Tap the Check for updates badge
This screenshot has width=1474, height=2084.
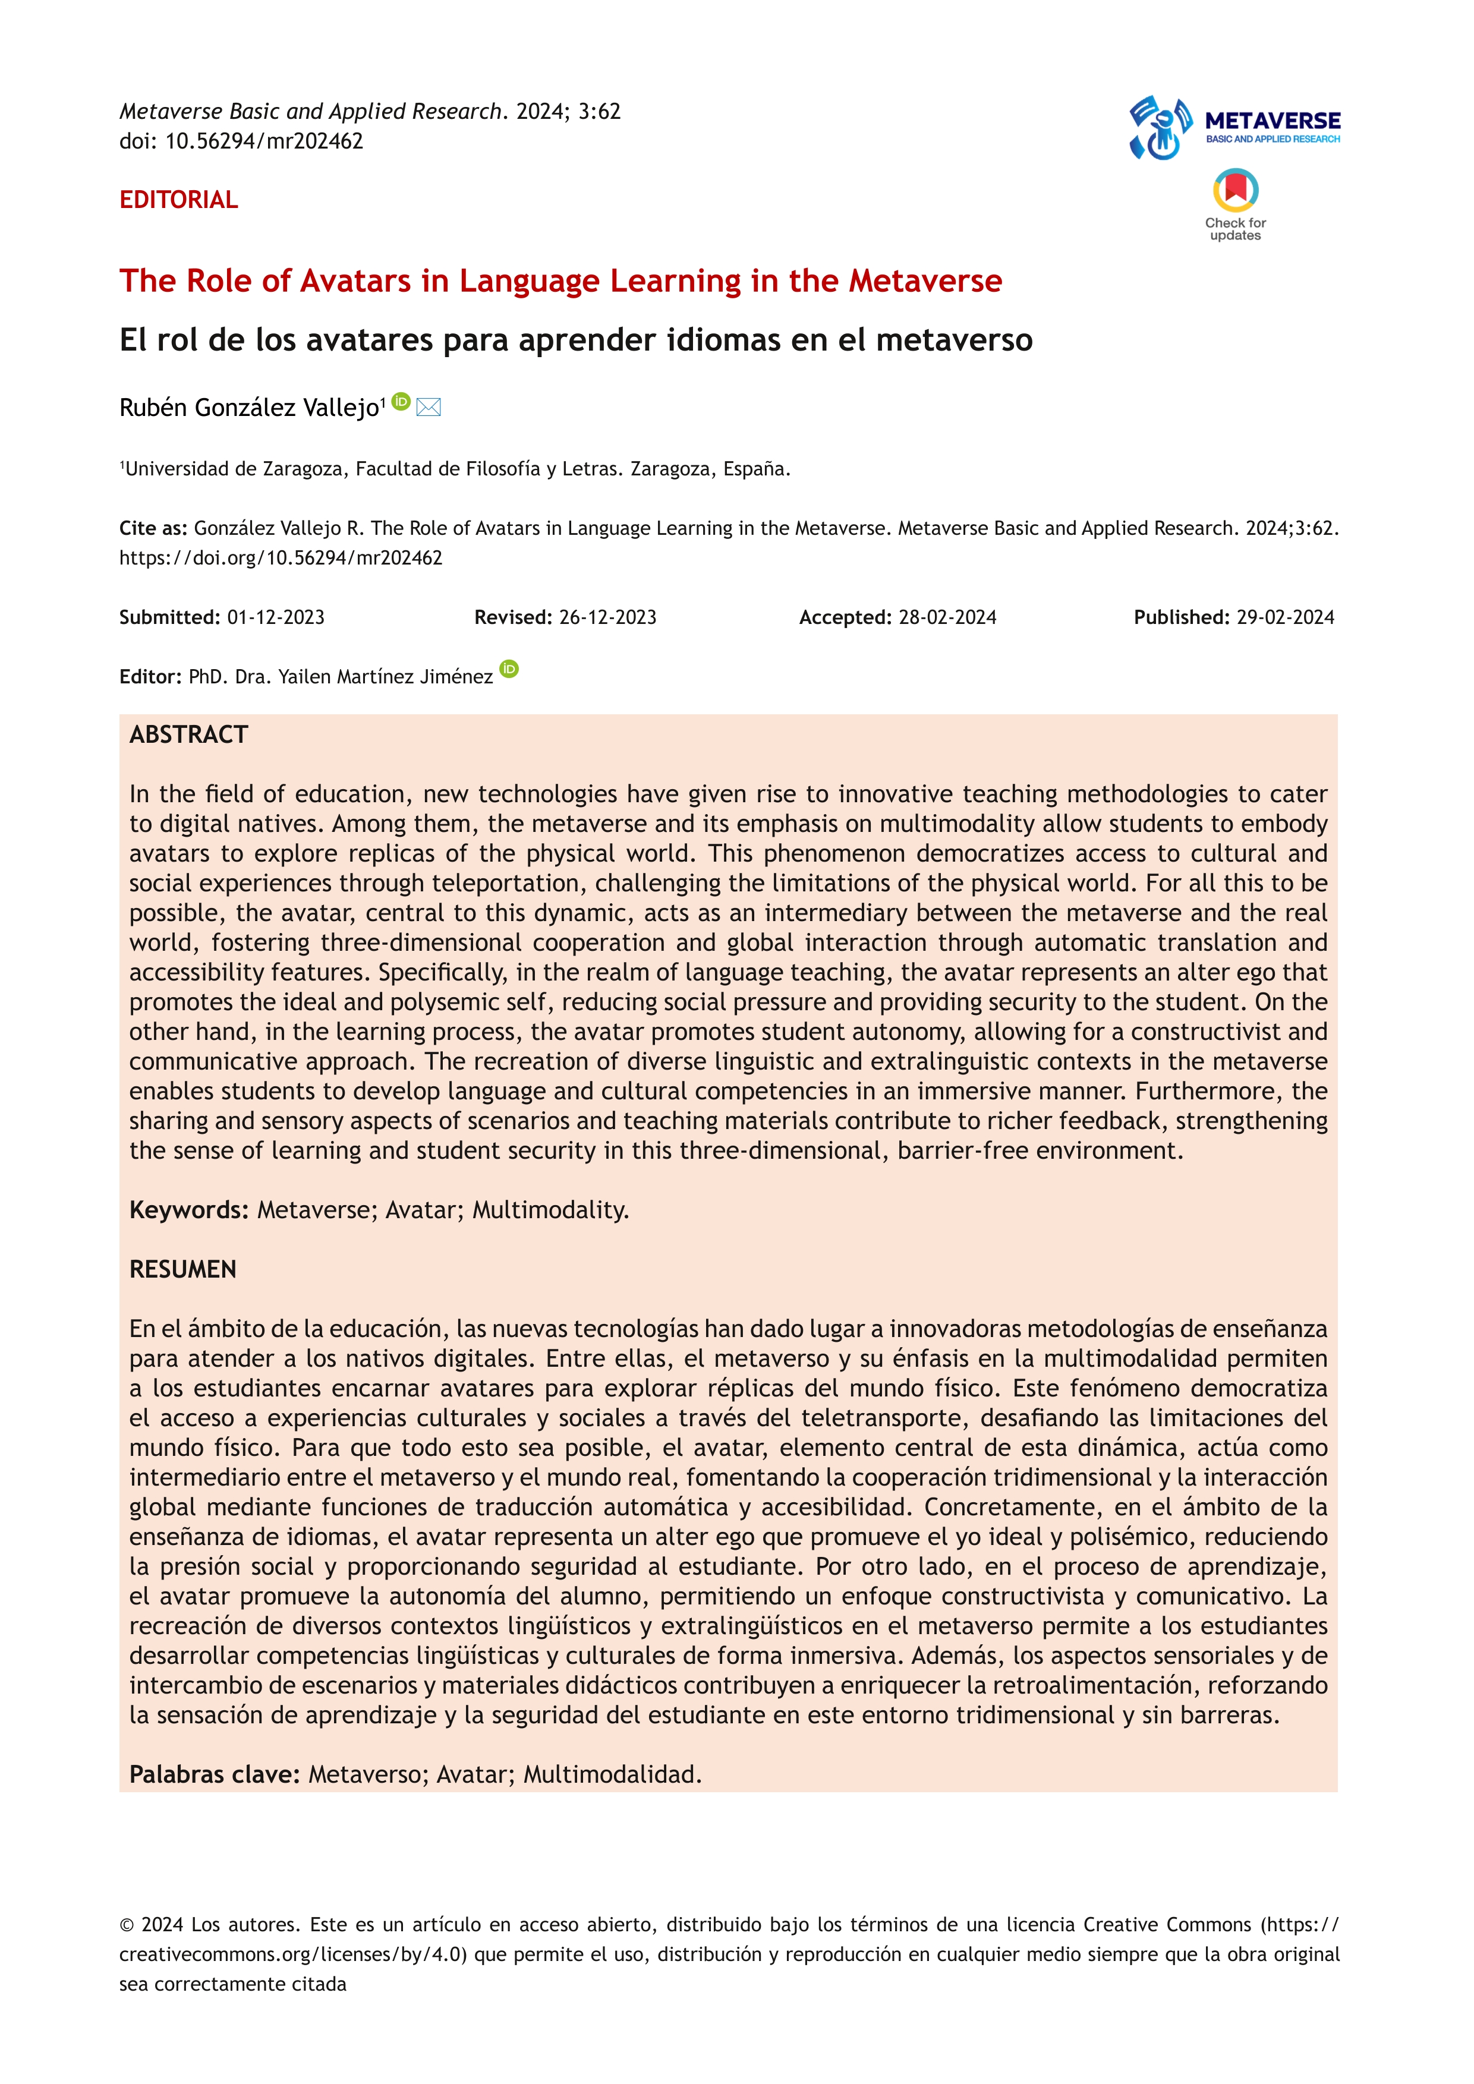pyautogui.click(x=1235, y=204)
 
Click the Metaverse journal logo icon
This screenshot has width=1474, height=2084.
pyautogui.click(x=1160, y=128)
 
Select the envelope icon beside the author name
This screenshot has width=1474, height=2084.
pyautogui.click(x=429, y=408)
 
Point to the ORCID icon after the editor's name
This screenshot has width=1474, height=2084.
pyautogui.click(x=509, y=669)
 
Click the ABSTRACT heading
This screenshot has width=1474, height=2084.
pyautogui.click(x=189, y=734)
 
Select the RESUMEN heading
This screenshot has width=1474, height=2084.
pyautogui.click(x=182, y=1269)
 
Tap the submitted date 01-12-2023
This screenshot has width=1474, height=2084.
pyautogui.click(x=276, y=617)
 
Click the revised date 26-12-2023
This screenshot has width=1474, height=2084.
pyautogui.click(x=607, y=617)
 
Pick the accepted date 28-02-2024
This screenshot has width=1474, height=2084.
pyautogui.click(x=947, y=617)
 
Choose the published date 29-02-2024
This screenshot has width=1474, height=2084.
pyautogui.click(x=1285, y=617)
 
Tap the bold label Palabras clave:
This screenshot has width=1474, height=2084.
pyautogui.click(x=214, y=1774)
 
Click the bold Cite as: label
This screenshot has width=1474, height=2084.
pyautogui.click(x=153, y=528)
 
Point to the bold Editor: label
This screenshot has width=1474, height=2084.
pyautogui.click(x=150, y=676)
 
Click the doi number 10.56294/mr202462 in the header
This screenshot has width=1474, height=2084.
pyautogui.click(x=264, y=141)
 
